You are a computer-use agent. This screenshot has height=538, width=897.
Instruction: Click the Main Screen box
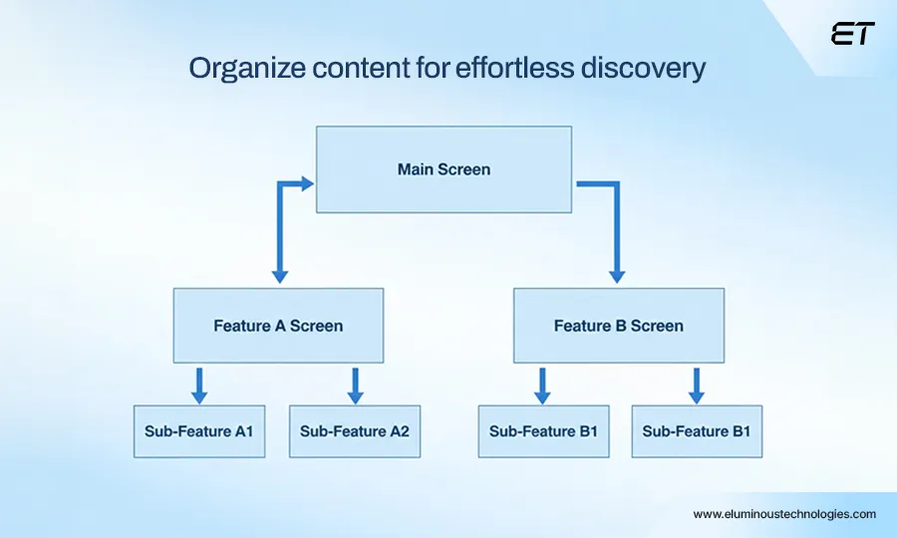coord(444,169)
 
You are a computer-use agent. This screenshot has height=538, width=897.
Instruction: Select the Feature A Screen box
coord(278,326)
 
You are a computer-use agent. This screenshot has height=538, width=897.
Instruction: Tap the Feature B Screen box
coord(619,326)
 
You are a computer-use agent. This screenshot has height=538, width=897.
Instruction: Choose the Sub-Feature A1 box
coord(199,431)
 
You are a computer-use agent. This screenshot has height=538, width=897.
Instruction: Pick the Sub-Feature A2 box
coord(355,431)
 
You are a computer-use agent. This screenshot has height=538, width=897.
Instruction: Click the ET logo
coord(852,34)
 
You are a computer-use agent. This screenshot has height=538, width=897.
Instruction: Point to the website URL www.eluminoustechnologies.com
coord(784,514)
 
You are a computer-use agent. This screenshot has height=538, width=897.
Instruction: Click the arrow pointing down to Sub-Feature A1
coord(199,386)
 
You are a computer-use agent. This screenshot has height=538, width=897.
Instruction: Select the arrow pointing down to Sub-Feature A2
coord(355,386)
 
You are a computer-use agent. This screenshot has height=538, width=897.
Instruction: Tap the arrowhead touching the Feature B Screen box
coord(616,275)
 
